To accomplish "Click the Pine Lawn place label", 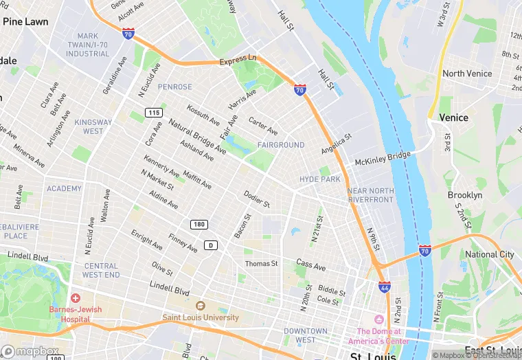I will [x=25, y=22].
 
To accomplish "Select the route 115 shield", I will [x=154, y=112].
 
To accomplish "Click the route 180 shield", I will [x=198, y=225].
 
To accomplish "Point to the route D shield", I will [x=211, y=245].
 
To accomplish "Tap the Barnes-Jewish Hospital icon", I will [x=75, y=299].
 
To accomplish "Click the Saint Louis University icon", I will [x=201, y=306].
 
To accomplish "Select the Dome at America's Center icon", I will [x=378, y=319].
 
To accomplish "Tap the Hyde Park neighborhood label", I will [x=319, y=179].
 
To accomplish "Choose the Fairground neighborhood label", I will [x=280, y=145].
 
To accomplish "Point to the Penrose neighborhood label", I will [x=174, y=87].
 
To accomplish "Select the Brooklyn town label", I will [x=465, y=195].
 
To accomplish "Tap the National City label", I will [x=489, y=254].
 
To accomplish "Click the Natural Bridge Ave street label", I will [x=198, y=136].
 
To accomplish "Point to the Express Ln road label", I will [x=238, y=61].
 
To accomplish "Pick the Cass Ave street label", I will [x=310, y=265].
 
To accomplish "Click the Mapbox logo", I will [x=30, y=351].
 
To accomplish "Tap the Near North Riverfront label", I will [x=371, y=195].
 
